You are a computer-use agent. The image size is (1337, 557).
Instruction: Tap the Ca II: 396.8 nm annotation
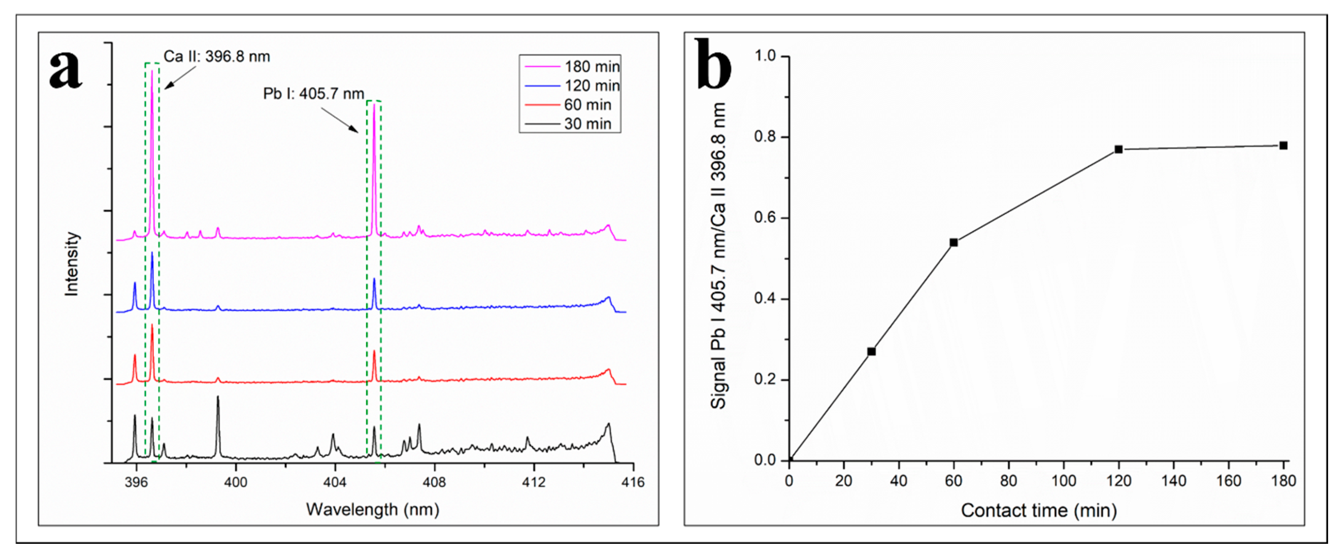(217, 57)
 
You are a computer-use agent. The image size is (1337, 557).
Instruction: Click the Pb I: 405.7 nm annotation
(313, 94)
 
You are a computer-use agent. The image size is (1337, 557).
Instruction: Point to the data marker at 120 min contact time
(1118, 149)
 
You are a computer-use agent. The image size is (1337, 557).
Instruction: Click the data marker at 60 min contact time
(953, 242)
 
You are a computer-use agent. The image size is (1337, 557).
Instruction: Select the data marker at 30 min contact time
(872, 352)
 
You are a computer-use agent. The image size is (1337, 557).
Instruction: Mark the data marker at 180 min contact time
(1283, 146)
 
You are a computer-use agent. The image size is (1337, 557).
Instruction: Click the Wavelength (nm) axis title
(373, 509)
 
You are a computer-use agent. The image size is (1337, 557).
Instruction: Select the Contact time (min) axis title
(1039, 510)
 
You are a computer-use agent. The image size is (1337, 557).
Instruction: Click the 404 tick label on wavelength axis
(335, 482)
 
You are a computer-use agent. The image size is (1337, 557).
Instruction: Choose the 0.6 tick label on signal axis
(765, 218)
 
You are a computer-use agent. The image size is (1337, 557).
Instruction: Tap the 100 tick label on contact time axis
(1063, 481)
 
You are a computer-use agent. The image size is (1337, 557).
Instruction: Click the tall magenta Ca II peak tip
(152, 72)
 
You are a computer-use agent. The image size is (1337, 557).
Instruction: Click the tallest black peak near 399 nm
(218, 397)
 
